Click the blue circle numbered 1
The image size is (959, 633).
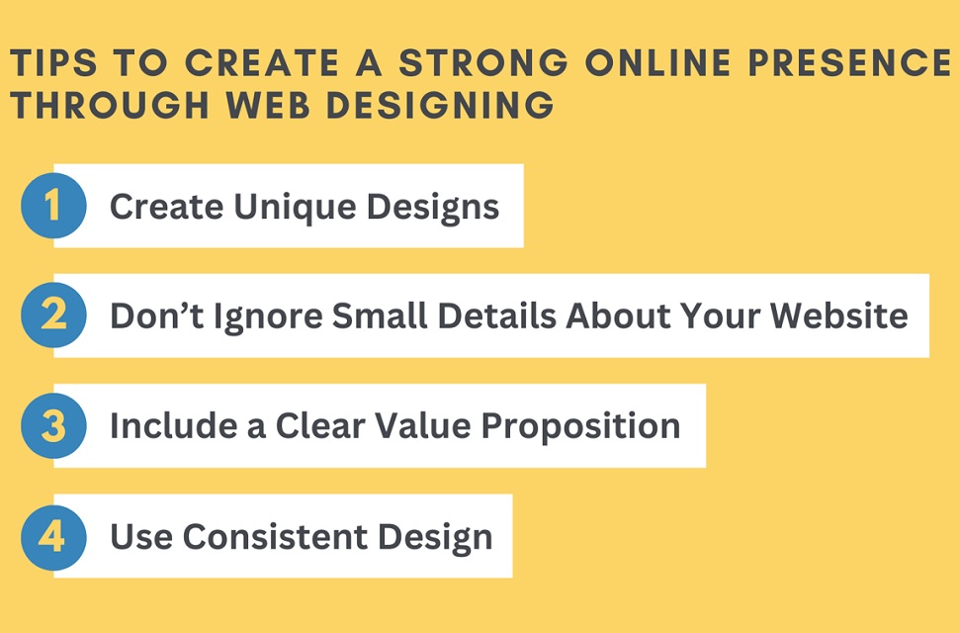[53, 206]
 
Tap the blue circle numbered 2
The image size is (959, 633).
[53, 315]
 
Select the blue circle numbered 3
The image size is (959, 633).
[53, 425]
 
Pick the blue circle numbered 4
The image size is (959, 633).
[53, 538]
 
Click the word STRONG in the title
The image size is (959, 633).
[483, 62]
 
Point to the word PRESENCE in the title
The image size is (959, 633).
[849, 62]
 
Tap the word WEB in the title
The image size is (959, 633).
[267, 105]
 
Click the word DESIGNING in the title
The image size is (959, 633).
[440, 105]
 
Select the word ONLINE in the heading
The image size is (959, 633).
[658, 62]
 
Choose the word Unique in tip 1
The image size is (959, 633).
[295, 207]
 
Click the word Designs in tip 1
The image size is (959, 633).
[433, 207]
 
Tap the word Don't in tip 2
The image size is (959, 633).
[156, 316]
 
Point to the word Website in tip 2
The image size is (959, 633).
[838, 316]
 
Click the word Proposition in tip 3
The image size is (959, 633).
[580, 426]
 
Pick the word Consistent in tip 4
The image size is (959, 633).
[275, 536]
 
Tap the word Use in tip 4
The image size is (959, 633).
[141, 536]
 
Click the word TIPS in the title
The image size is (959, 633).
[53, 62]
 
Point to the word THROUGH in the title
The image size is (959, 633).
[110, 105]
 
